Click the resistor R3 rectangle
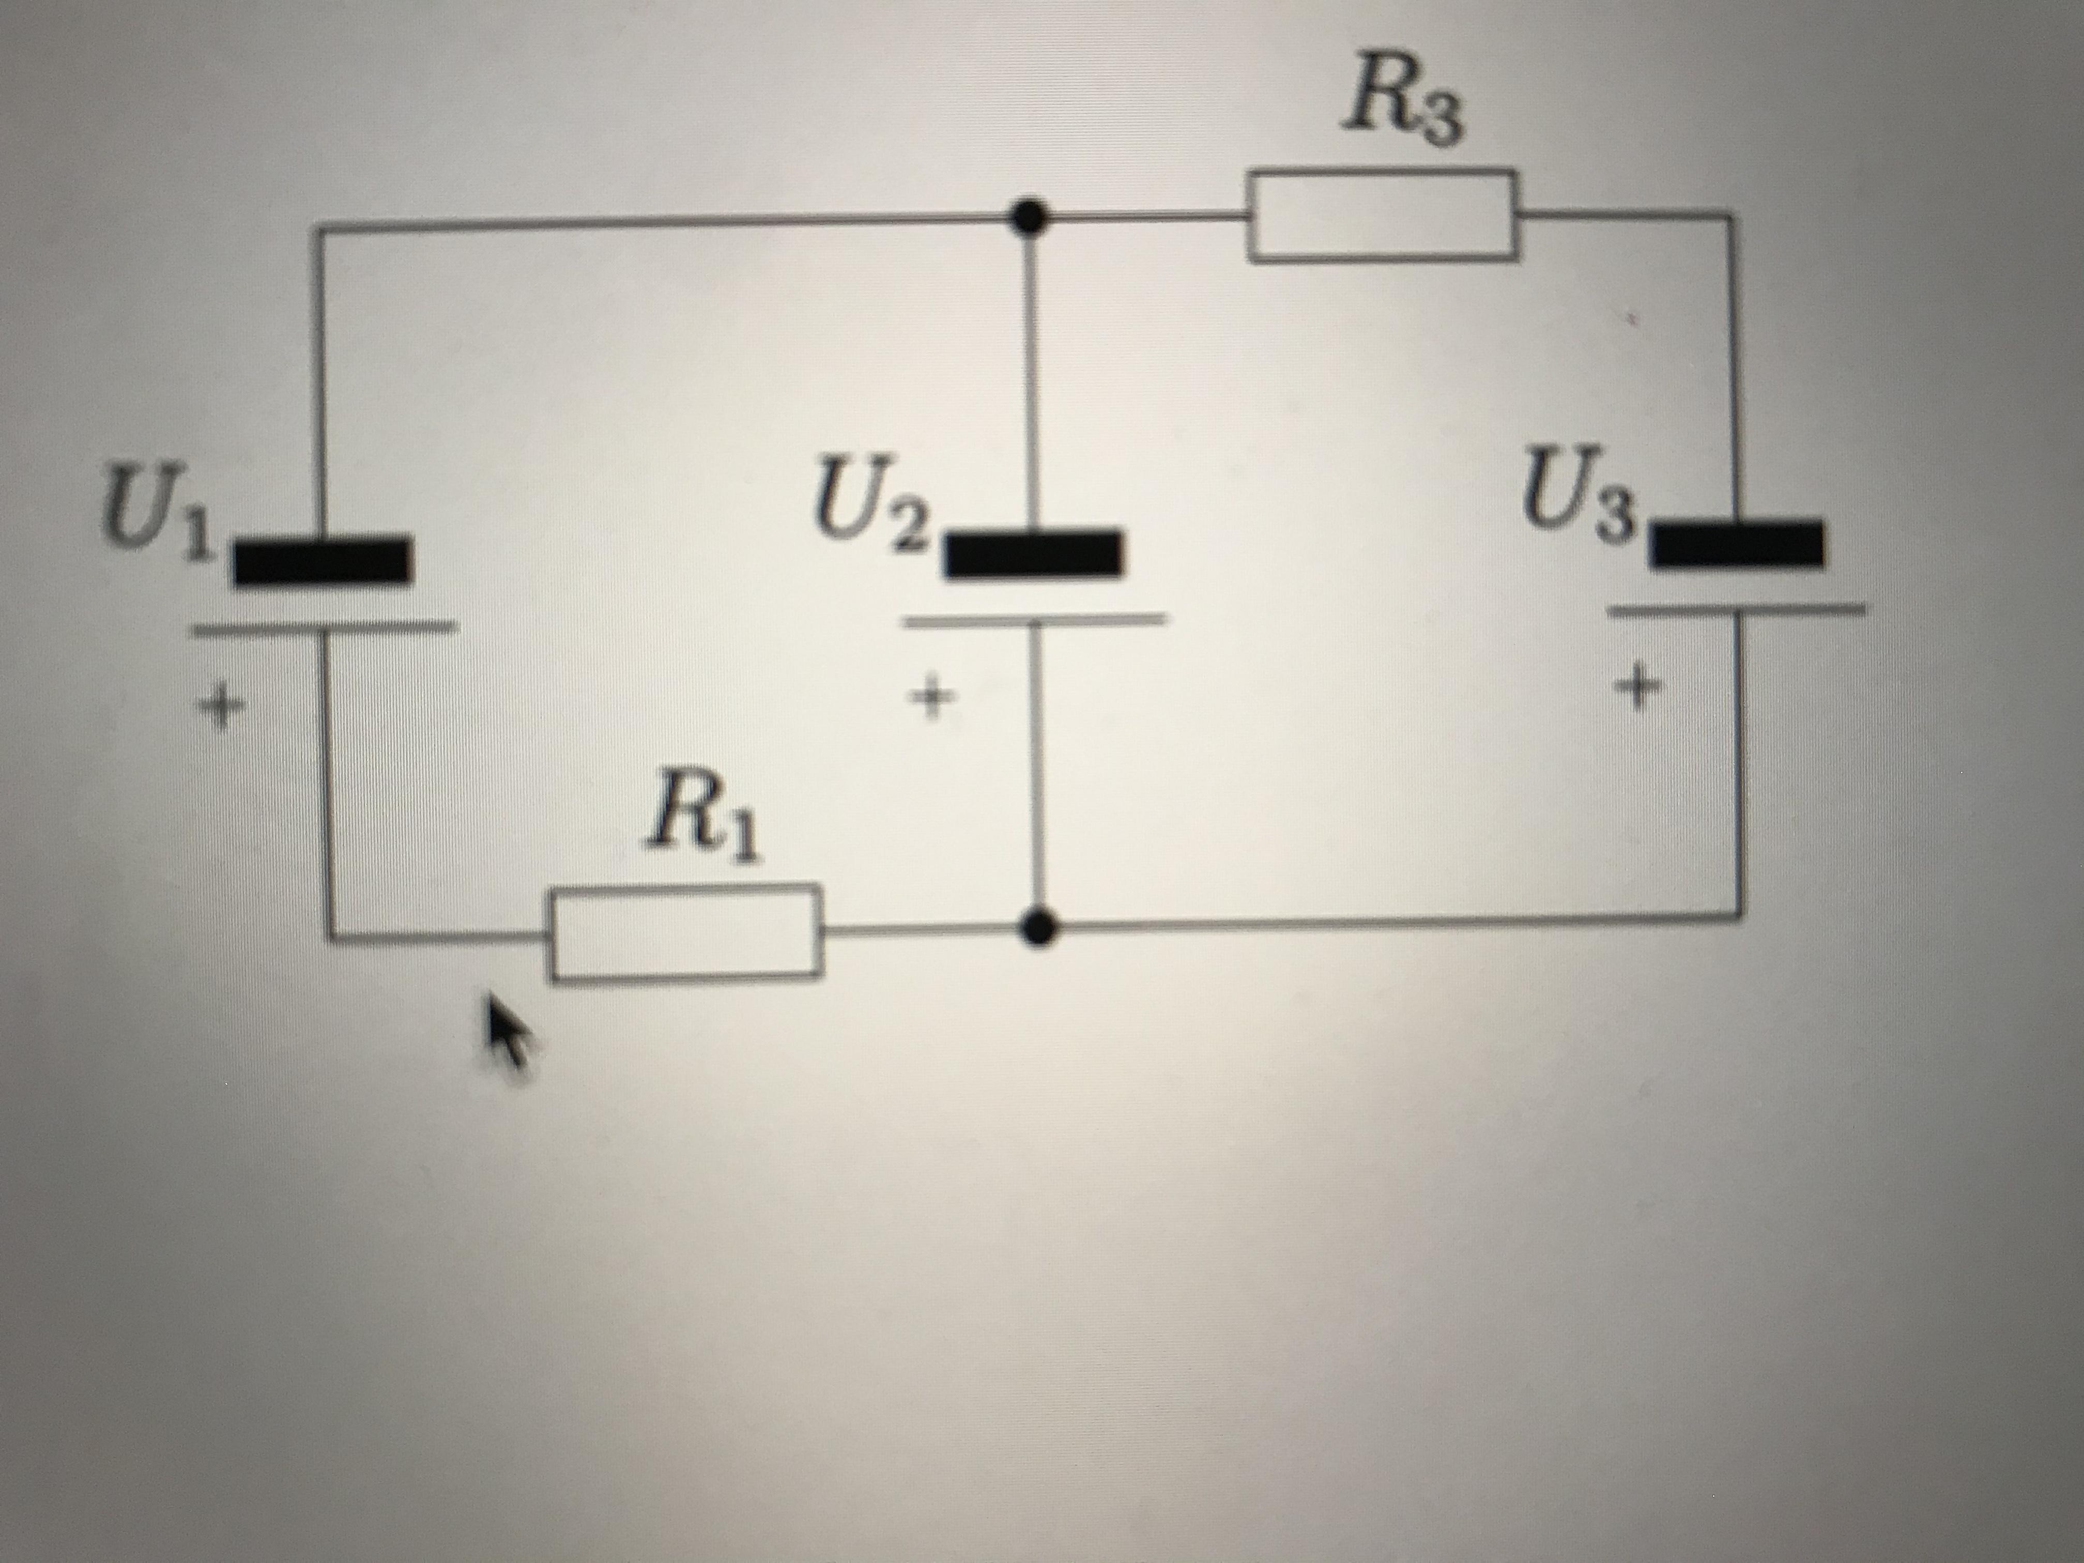click(x=1382, y=215)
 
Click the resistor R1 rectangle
click(x=685, y=933)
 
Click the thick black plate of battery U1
click(x=322, y=561)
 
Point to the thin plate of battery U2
click(x=1034, y=619)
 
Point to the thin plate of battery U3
click(x=1736, y=609)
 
